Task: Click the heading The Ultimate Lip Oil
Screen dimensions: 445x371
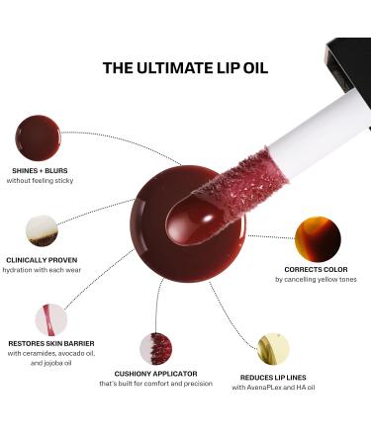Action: [x=185, y=68]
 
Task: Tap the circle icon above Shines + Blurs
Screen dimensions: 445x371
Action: [x=38, y=138]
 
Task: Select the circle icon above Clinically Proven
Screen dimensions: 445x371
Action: [x=42, y=230]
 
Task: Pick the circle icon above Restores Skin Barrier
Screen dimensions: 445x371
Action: [x=50, y=319]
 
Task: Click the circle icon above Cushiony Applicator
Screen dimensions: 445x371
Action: [x=155, y=348]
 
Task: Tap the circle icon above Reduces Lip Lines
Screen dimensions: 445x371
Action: [x=273, y=348]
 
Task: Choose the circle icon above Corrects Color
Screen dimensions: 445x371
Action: [x=318, y=240]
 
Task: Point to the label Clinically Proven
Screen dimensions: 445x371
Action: [x=41, y=260]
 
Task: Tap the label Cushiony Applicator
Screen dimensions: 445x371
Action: [x=156, y=374]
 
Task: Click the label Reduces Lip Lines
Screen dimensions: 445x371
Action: [x=274, y=377]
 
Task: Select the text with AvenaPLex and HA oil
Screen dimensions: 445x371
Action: [x=274, y=387]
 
